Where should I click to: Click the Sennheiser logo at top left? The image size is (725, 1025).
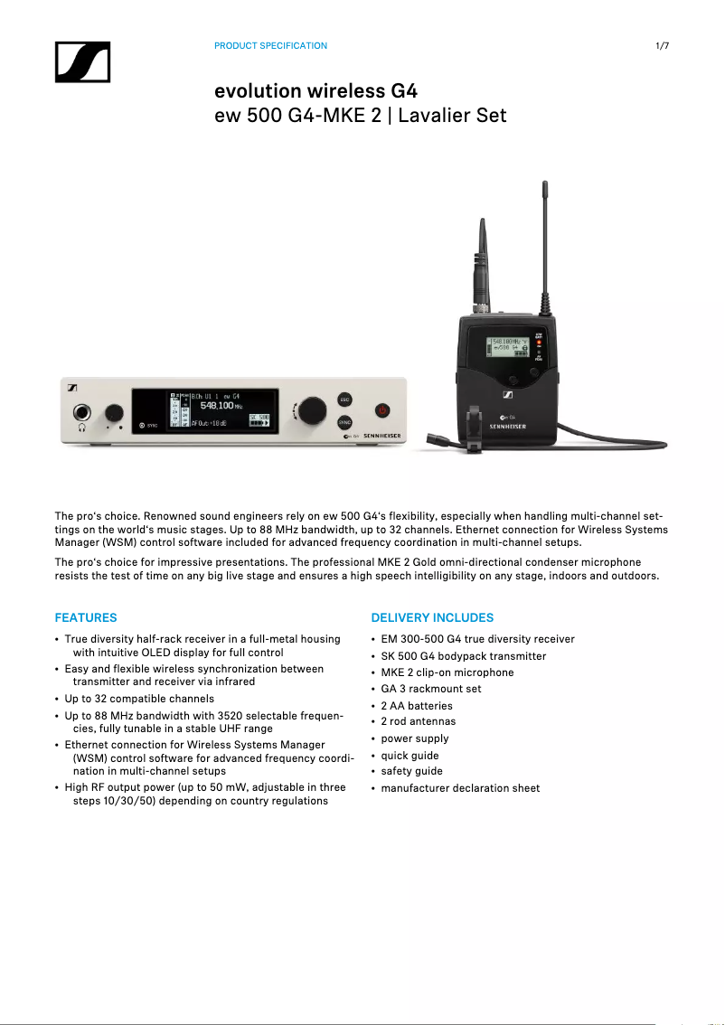click(82, 61)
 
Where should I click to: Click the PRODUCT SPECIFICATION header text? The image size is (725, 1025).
click(270, 45)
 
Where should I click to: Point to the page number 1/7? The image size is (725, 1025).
click(662, 45)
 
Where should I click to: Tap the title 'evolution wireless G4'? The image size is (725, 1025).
click(315, 91)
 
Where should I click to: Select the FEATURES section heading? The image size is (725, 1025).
click(86, 617)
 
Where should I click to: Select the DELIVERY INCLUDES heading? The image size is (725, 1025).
click(432, 617)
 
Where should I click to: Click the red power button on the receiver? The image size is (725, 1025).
click(381, 409)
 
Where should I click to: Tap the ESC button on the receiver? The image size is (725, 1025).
click(344, 399)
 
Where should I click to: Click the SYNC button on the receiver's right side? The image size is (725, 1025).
click(344, 422)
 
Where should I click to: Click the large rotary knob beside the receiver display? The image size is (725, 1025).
click(311, 409)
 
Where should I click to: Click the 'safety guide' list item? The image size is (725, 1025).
click(411, 771)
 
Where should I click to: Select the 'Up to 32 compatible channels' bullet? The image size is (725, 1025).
click(139, 699)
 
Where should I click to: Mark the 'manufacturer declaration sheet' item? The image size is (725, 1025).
click(460, 788)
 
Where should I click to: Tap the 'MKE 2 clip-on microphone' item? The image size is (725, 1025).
click(447, 672)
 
